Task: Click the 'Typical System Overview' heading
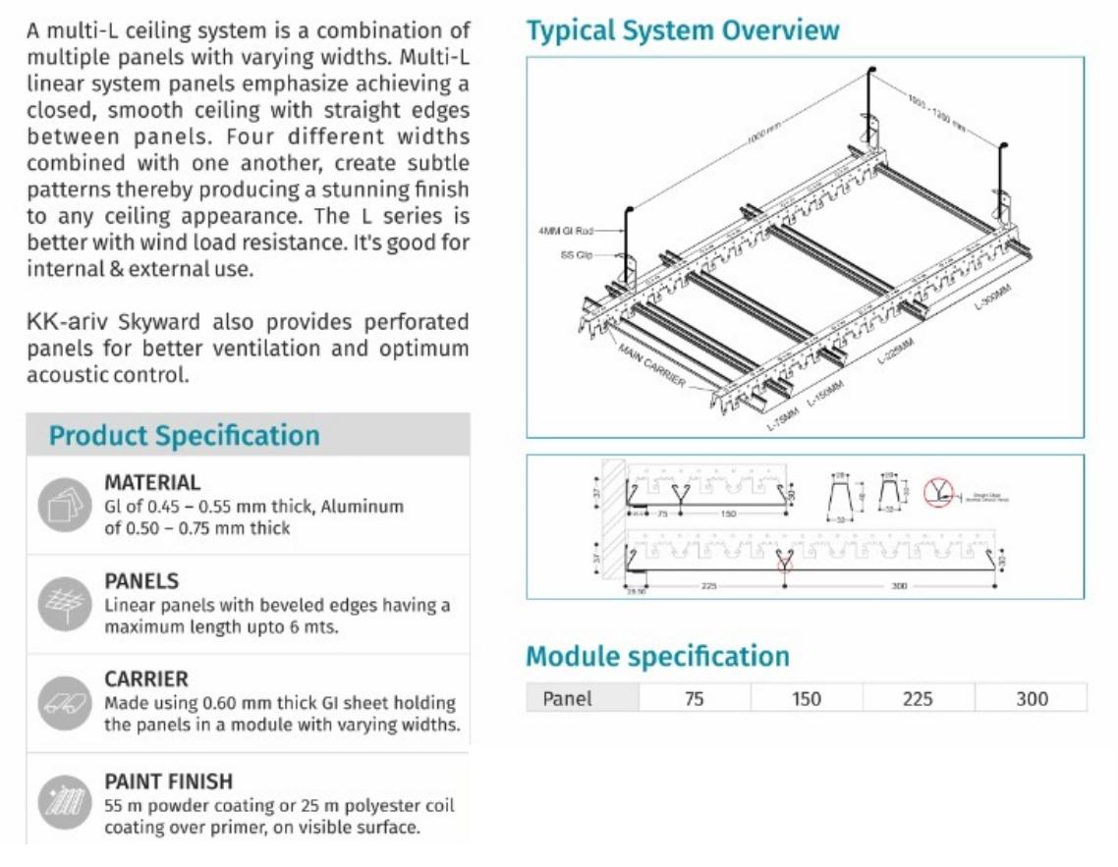pyautogui.click(x=683, y=30)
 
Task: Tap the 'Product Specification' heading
pyautogui.click(x=185, y=435)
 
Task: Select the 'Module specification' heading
pyautogui.click(x=657, y=656)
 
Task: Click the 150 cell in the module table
pyautogui.click(x=807, y=698)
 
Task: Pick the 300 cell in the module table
pyautogui.click(x=1032, y=698)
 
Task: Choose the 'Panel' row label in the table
pyautogui.click(x=568, y=698)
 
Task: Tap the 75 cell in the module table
pyautogui.click(x=695, y=698)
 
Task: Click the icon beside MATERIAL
pyautogui.click(x=64, y=505)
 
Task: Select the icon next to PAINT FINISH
pyautogui.click(x=64, y=803)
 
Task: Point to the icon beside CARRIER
pyautogui.click(x=64, y=703)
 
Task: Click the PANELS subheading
pyautogui.click(x=141, y=580)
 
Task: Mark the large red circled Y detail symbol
pyautogui.click(x=938, y=492)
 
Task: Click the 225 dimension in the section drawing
pyautogui.click(x=708, y=585)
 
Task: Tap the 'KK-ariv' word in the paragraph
pyautogui.click(x=57, y=323)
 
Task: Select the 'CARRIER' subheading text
pyautogui.click(x=146, y=678)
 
